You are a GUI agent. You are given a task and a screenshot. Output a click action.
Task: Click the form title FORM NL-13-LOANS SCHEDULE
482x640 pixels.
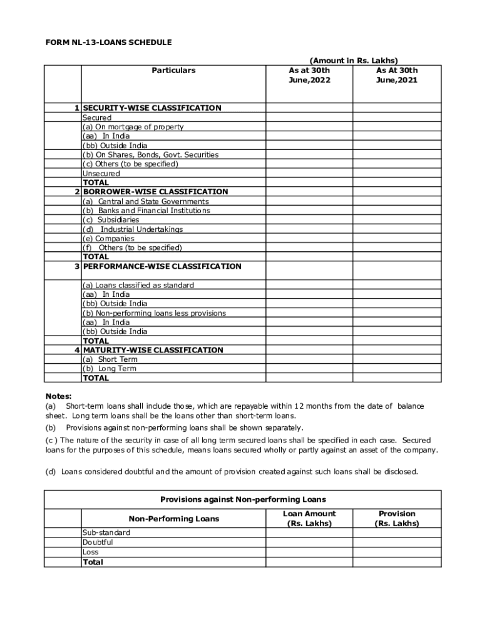point(108,42)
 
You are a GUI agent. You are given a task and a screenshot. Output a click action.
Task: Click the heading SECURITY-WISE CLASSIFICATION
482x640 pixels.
point(152,108)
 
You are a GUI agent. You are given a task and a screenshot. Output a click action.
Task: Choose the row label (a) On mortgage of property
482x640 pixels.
point(133,127)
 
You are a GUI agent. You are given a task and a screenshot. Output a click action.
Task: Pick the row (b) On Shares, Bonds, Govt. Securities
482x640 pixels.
point(151,154)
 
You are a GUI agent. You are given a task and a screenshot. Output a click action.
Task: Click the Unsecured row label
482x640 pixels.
point(101,173)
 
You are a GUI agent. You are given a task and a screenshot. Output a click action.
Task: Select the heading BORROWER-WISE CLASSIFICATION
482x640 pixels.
point(155,192)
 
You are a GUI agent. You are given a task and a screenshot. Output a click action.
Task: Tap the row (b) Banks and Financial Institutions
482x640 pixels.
point(146,211)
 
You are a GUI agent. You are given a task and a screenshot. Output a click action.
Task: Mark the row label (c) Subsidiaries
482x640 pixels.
point(111,220)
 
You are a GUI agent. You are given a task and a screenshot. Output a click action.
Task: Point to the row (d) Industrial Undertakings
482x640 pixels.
point(133,229)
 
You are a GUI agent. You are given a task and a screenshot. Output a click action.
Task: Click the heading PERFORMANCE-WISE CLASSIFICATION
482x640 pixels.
point(162,266)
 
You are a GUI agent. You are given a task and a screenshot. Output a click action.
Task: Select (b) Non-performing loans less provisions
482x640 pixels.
point(154,313)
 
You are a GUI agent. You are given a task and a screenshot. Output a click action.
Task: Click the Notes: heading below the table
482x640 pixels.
point(58,396)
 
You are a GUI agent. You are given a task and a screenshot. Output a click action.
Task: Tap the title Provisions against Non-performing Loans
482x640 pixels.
point(243,499)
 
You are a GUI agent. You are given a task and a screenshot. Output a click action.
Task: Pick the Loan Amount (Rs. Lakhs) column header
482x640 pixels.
point(309,519)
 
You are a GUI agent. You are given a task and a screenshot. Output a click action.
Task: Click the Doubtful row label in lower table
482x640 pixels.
point(98,542)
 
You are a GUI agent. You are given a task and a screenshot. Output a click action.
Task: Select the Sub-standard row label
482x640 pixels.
point(106,532)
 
